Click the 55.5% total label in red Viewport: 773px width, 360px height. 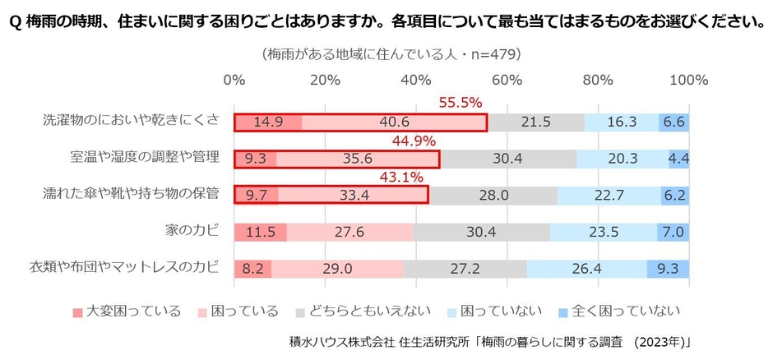(x=460, y=103)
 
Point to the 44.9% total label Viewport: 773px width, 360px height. (x=414, y=141)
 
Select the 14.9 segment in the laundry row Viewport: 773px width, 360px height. (x=268, y=122)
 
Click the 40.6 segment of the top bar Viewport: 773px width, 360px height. (x=394, y=122)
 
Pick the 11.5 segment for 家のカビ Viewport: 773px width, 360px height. (x=260, y=232)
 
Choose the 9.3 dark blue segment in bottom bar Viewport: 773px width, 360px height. (x=668, y=269)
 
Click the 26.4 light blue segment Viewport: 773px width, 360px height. (x=586, y=269)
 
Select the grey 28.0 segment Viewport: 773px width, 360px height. (x=493, y=196)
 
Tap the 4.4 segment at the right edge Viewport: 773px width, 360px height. (x=679, y=159)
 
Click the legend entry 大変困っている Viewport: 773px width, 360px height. (x=130, y=311)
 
